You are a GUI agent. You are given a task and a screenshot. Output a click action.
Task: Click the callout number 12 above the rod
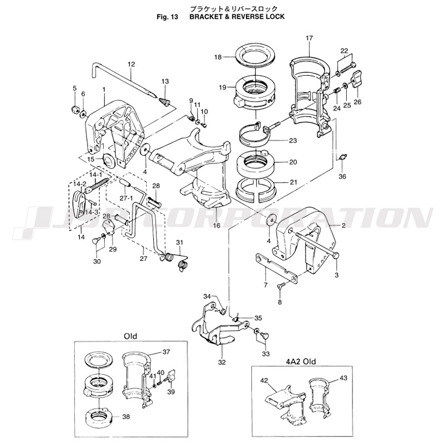pyautogui.click(x=132, y=64)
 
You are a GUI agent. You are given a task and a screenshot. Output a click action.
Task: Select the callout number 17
pyautogui.click(x=309, y=37)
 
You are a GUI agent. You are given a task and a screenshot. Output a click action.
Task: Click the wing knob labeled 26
pyautogui.click(x=357, y=78)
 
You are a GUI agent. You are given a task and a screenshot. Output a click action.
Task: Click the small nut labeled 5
pyautogui.click(x=74, y=108)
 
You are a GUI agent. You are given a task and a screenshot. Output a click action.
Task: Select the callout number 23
pyautogui.click(x=293, y=140)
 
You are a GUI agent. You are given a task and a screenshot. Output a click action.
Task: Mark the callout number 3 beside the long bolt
pyautogui.click(x=336, y=275)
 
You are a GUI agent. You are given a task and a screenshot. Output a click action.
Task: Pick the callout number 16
pyautogui.click(x=216, y=226)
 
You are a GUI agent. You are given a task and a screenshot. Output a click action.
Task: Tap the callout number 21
pyautogui.click(x=293, y=182)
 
